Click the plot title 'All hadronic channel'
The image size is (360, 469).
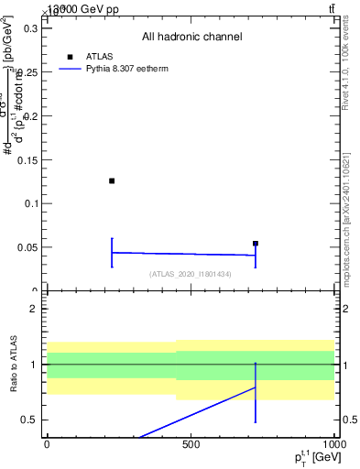tap(191, 37)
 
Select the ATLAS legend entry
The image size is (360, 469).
tap(98, 56)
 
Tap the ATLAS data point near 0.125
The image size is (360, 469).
tap(112, 180)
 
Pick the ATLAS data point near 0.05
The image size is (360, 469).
tap(256, 244)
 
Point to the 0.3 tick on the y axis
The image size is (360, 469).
tap(28, 28)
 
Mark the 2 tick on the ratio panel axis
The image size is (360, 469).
tap(33, 309)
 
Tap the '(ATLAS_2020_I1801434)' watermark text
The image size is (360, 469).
tap(191, 275)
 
